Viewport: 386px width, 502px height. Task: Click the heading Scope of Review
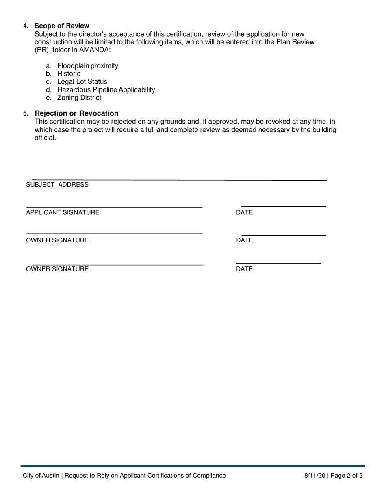click(62, 26)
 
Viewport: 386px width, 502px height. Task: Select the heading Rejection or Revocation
click(76, 113)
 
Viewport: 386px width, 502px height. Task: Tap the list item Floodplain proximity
click(88, 66)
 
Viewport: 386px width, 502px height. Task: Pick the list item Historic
click(69, 74)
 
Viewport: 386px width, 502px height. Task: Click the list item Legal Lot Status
click(82, 82)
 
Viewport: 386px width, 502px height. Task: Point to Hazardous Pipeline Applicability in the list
click(106, 89)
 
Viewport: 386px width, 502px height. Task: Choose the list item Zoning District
click(79, 98)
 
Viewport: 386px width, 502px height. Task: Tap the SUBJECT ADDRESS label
click(57, 185)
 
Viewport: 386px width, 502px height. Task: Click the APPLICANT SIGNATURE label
click(63, 212)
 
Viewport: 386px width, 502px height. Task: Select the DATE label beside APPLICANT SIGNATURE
click(244, 212)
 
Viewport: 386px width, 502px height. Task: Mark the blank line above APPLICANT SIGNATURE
click(114, 208)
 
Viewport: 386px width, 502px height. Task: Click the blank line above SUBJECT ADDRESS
click(179, 179)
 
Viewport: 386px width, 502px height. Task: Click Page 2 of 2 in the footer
click(347, 475)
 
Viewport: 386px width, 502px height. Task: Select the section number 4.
click(26, 26)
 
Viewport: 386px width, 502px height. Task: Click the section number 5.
click(26, 113)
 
